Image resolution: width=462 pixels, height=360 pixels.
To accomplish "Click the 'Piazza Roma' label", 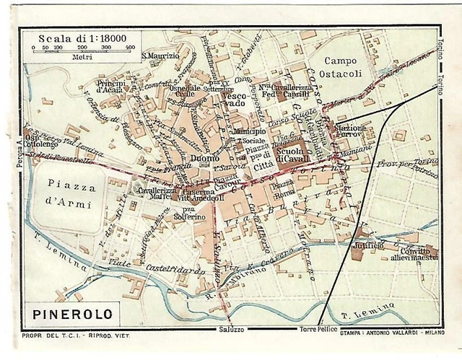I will [281, 189].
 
